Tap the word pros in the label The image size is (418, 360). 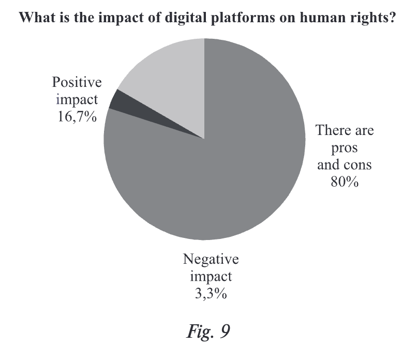point(345,148)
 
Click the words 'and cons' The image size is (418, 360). point(345,165)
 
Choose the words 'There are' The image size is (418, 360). point(345,130)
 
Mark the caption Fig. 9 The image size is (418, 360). point(209,332)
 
